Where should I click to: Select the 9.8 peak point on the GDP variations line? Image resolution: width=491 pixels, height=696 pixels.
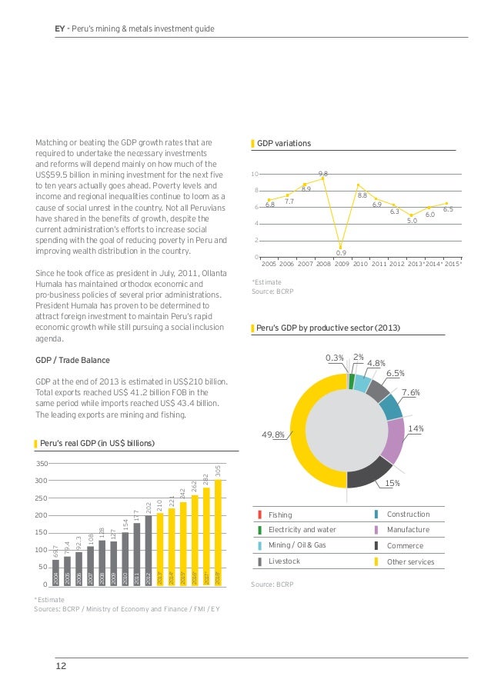323,178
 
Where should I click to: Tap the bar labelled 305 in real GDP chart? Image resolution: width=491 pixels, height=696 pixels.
218,531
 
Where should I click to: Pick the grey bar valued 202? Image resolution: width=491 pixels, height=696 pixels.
148,550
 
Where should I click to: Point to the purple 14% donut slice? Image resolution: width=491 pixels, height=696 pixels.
394,441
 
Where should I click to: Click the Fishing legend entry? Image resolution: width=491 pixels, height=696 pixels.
280,515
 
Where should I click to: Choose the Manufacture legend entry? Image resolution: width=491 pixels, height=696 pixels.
407,530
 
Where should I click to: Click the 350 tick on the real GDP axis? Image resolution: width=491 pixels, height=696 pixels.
42,464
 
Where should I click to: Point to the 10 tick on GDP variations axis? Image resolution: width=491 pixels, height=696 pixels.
255,174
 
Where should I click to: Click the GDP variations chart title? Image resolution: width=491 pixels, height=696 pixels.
284,143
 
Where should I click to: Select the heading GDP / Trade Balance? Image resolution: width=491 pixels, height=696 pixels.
72,360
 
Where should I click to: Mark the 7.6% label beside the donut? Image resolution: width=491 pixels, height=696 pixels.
410,392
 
